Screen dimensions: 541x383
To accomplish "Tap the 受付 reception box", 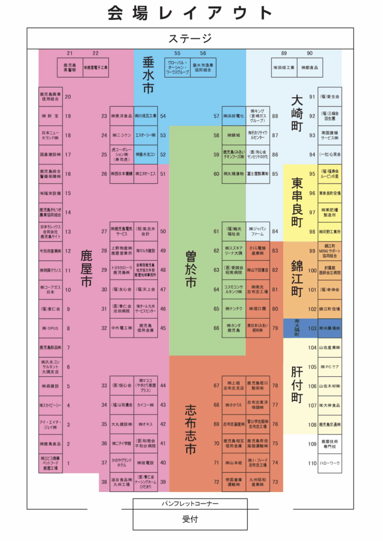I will pos(190,519).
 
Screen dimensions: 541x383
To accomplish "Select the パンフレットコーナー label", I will pos(190,504).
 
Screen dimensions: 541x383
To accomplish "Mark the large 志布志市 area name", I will pos(191,428).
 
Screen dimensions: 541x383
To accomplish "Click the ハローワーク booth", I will pos(330,463).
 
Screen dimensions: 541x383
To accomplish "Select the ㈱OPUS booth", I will pos(51,328).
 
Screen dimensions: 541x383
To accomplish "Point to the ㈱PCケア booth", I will pos(330,367).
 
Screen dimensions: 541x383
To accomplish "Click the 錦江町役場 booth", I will pos(330,309).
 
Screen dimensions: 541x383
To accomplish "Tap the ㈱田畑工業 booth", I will pos(284,68).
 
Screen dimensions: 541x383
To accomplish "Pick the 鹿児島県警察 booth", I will pos(70,68).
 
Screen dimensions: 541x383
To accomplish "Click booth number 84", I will pos(275,231).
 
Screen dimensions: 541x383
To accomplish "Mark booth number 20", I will pos(68,97).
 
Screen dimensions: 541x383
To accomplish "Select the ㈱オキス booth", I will pos(145,424).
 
